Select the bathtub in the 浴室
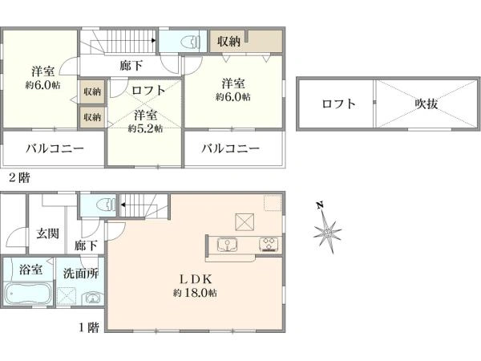pos(26,294)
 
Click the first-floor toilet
pos(98,206)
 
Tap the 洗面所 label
pos(81,273)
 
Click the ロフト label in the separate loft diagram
pos(338,103)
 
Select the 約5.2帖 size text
pos(146,128)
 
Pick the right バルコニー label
pos(230,148)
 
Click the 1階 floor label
pos(89,327)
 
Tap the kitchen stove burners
pos(267,244)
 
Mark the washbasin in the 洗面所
pos(94,299)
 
